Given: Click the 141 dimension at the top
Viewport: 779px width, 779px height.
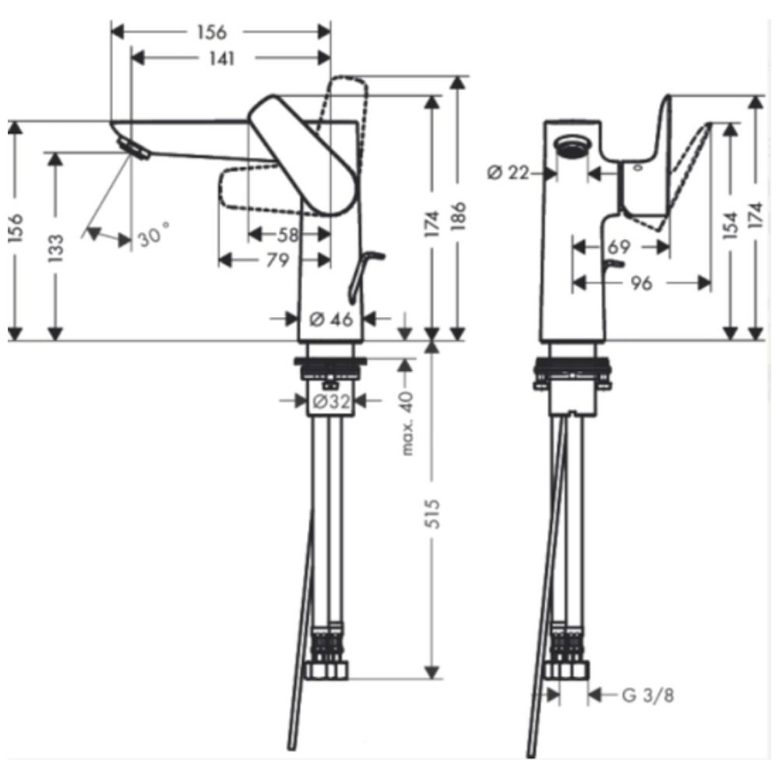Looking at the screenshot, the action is [x=221, y=58].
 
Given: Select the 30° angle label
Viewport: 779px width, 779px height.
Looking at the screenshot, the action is [x=154, y=234].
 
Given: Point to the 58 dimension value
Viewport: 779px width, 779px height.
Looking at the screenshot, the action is [x=287, y=234].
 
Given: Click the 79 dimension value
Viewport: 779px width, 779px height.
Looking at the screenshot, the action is [x=277, y=260].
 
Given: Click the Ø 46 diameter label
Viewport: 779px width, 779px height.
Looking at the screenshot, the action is [x=331, y=319].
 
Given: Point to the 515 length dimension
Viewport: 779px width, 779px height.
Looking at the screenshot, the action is [x=434, y=514].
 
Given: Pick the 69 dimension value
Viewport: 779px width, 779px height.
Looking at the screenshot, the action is [x=619, y=246].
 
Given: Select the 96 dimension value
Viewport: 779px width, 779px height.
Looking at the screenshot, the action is [x=641, y=284].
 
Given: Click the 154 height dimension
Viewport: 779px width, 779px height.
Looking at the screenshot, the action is [x=729, y=227].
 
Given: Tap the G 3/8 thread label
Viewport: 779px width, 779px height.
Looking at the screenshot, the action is [x=648, y=696].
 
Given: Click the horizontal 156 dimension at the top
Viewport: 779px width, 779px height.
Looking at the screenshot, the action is [x=212, y=32].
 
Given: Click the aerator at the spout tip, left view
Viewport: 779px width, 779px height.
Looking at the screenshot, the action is [x=134, y=149].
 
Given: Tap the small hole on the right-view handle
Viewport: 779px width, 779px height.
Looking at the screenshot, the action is [x=639, y=168].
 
